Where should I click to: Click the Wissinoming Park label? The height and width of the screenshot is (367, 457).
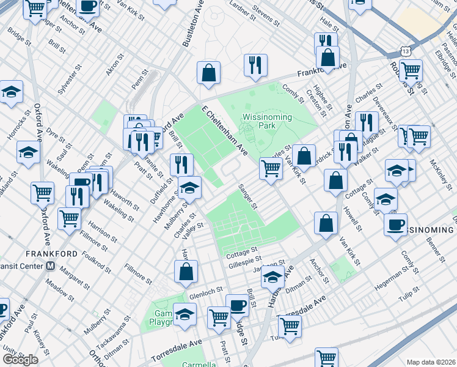tap(268, 120)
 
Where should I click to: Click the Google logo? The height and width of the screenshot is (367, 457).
tap(20, 360)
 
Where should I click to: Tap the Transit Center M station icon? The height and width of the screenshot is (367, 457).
tap(51, 266)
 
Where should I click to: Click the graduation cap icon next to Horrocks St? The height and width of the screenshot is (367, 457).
tap(11, 92)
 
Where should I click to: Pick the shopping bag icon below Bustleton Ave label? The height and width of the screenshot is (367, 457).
tap(208, 72)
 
